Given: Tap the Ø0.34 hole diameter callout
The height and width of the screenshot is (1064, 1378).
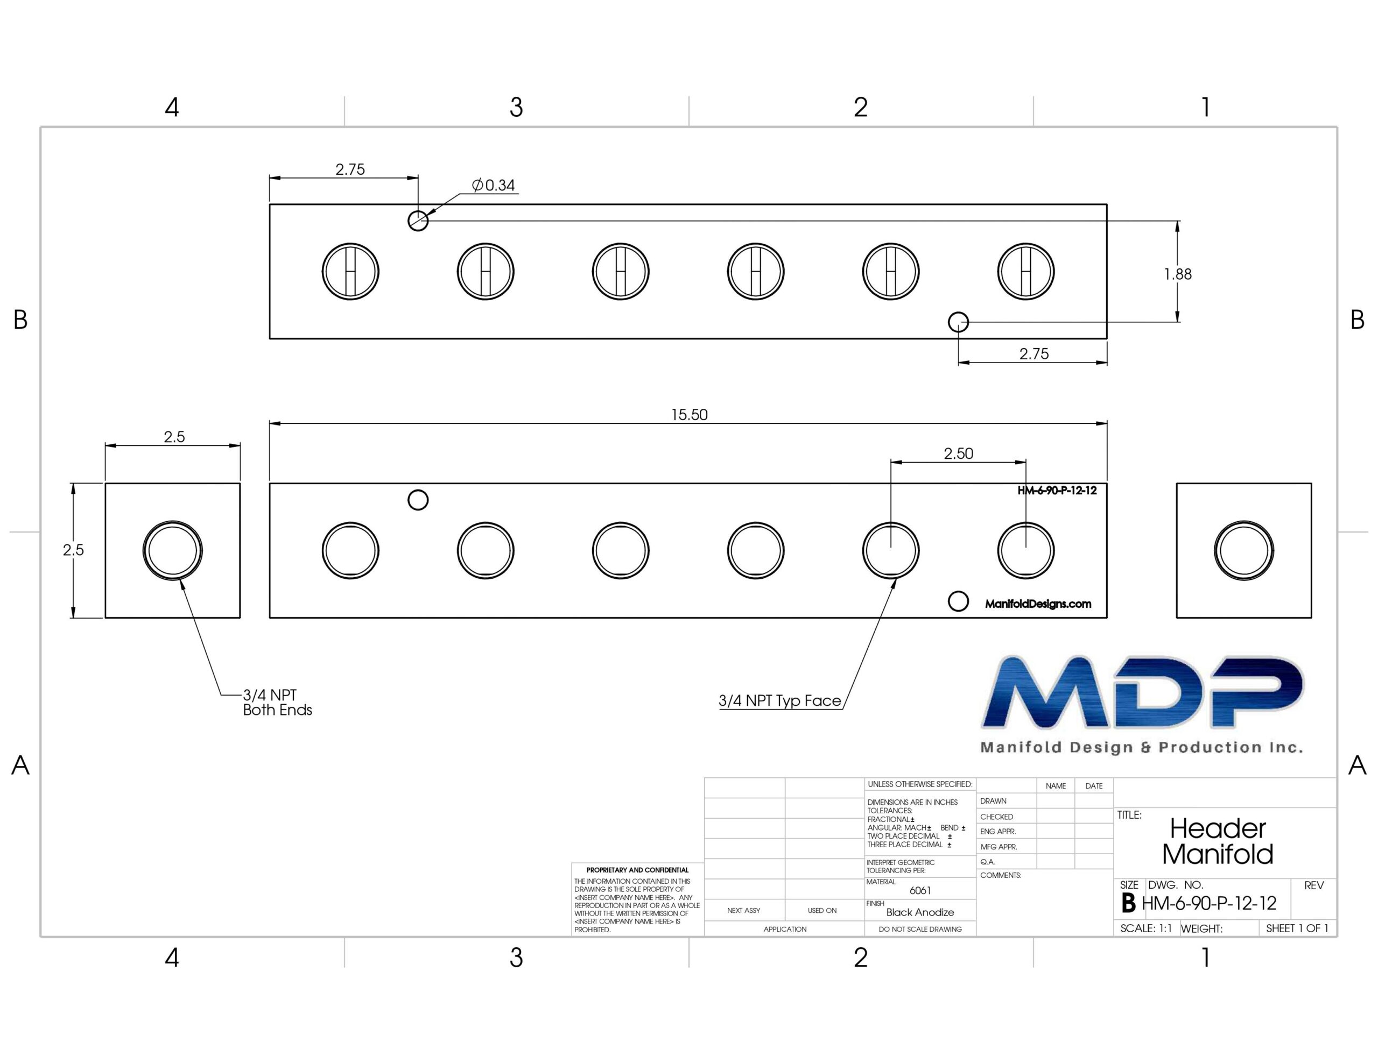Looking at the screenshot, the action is point(494,185).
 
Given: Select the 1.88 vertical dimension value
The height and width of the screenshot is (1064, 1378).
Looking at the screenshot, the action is point(1177,274).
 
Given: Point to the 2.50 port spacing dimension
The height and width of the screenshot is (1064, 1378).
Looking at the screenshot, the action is point(958,453).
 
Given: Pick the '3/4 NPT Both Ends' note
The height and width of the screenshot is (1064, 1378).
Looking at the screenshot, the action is point(278,702).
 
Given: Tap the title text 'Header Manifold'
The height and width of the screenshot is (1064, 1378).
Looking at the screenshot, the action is point(1218,841).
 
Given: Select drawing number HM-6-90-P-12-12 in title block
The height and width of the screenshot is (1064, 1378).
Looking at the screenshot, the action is point(1209,903).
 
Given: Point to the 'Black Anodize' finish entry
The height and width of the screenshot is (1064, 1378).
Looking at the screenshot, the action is point(920,912).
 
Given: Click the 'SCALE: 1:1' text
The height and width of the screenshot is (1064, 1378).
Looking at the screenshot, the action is point(1146,928).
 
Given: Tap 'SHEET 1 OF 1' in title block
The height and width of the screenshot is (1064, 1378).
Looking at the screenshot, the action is point(1297,928).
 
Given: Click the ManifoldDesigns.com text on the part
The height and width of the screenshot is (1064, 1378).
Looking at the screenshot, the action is point(1038,604).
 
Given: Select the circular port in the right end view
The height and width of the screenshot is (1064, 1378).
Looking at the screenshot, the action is point(1243,551).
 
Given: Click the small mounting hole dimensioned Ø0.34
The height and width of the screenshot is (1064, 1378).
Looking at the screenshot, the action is point(418,221).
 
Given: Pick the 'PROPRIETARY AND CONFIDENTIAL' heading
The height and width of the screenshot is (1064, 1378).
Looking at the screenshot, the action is point(637,870).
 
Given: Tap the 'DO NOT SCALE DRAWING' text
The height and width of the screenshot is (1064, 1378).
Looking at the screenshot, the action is point(920,929).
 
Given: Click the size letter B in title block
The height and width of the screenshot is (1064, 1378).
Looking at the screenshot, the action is point(1129,903).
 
